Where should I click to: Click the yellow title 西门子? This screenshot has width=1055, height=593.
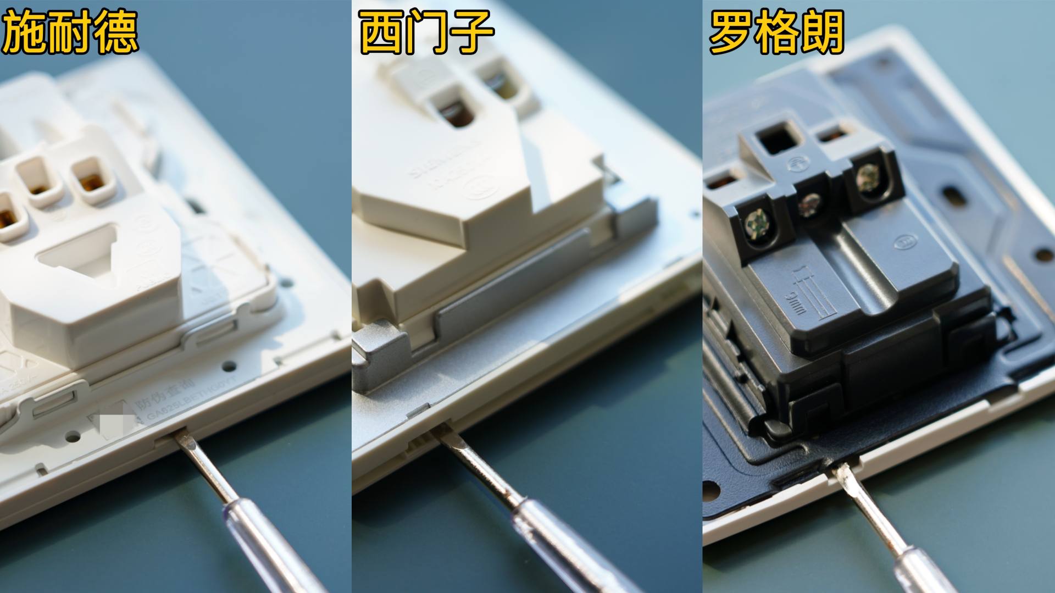click(x=426, y=33)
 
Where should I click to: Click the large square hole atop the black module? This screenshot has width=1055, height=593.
click(x=777, y=138)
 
